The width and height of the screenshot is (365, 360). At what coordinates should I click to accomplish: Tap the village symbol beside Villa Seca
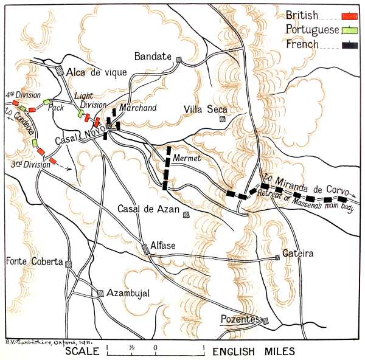point(224,119)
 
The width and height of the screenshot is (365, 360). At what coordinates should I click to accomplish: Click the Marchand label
point(138,108)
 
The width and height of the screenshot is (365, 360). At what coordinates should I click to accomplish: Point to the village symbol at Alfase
point(145,247)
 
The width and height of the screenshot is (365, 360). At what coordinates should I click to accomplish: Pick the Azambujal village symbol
point(100,293)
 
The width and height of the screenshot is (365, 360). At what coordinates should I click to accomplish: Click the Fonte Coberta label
point(34,262)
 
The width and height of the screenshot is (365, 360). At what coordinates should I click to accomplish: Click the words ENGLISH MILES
point(253,351)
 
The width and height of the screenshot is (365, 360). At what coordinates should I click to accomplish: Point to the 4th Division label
point(18,95)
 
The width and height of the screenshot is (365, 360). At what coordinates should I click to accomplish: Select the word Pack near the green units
point(56,108)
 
